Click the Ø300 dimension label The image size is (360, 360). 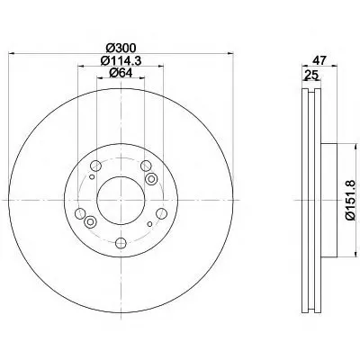[121, 48]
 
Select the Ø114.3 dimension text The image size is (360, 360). [121, 60]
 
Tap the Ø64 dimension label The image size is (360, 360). [121, 73]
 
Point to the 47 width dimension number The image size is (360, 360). [319, 60]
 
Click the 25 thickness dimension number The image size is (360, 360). [310, 75]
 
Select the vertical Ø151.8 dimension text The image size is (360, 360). [349, 200]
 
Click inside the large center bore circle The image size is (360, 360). [121, 200]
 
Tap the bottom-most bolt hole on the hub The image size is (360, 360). [121, 243]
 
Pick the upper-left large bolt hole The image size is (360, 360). [95, 165]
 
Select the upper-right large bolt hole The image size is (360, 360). [146, 165]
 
